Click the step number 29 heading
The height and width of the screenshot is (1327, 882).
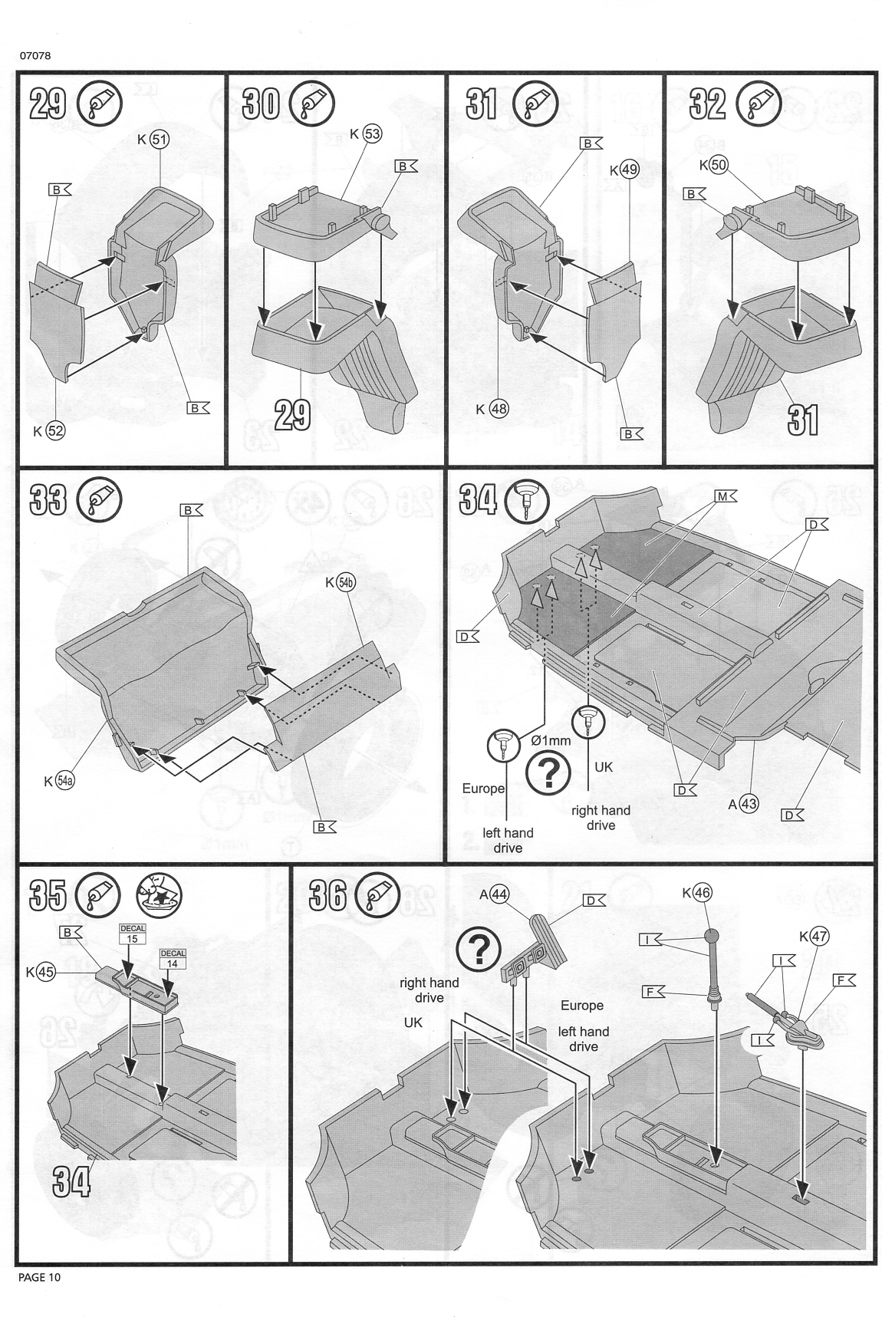tap(48, 103)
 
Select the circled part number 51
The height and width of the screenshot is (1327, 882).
tap(160, 140)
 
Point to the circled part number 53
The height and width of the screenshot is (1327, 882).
tap(373, 133)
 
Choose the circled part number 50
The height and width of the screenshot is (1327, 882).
tap(719, 165)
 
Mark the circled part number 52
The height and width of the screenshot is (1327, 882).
tap(56, 431)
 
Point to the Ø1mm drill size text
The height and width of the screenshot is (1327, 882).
tap(551, 740)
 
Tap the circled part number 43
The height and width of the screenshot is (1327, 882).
tap(749, 804)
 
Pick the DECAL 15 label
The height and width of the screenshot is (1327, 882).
tap(133, 934)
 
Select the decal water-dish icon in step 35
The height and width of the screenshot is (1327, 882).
tap(159, 894)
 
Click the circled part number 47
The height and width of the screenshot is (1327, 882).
tap(818, 937)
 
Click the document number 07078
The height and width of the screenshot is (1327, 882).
tap(35, 56)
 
